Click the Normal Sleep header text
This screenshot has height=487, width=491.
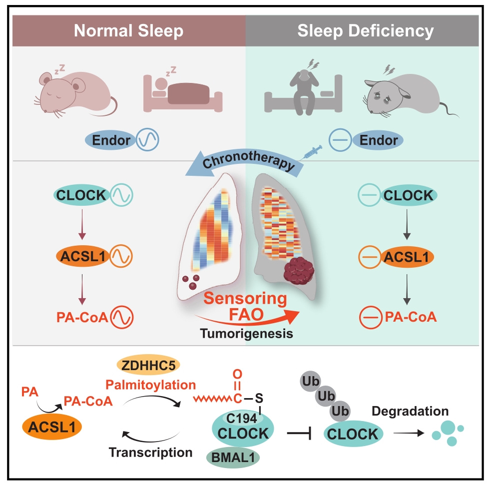click(129, 30)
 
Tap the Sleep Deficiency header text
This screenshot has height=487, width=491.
click(366, 30)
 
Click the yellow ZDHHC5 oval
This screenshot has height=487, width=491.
click(148, 365)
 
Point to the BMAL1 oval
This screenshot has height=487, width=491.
click(233, 458)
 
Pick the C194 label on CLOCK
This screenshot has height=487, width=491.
click(241, 419)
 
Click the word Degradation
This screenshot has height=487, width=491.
click(410, 411)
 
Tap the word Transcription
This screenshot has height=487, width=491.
click(151, 452)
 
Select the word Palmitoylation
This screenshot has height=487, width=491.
click(151, 385)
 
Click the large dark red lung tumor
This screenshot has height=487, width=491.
click(299, 270)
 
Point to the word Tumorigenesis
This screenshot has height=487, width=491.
click(246, 334)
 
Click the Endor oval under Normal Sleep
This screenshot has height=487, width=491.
click(111, 140)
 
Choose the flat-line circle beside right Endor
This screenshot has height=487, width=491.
click(340, 140)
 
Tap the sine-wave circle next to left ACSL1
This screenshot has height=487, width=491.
click(121, 256)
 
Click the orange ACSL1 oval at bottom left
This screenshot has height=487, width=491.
click(52, 427)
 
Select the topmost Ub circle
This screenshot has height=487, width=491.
click(310, 381)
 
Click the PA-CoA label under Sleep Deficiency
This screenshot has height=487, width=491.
click(411, 317)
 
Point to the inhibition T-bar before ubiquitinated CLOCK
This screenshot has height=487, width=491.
click(299, 434)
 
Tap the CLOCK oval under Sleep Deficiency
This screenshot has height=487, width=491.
click(408, 195)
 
